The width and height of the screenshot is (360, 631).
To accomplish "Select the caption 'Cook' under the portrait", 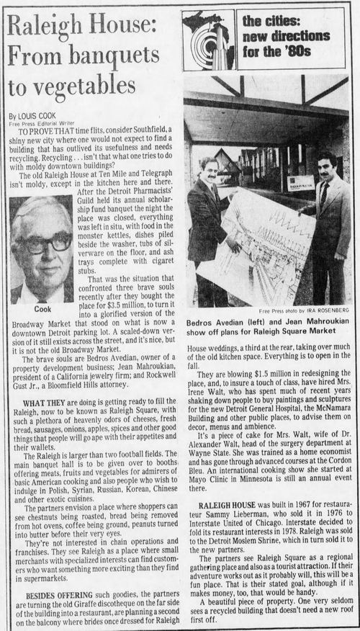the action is [41, 308].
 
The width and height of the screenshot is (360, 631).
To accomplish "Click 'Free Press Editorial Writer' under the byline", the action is [42, 122].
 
